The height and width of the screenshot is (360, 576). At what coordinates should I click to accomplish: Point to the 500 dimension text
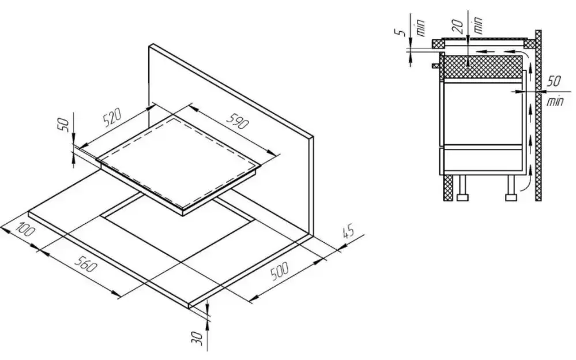pyautogui.click(x=280, y=271)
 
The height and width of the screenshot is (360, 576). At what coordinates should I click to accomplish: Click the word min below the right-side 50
pyautogui.click(x=554, y=101)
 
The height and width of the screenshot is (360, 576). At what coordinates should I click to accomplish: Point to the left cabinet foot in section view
pyautogui.click(x=462, y=189)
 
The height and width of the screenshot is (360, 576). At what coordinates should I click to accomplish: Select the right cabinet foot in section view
pyautogui.click(x=511, y=189)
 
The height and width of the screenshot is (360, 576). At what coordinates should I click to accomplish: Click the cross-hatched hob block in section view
pyautogui.click(x=483, y=66)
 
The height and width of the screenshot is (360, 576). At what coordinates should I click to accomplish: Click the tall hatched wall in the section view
pyautogui.click(x=538, y=115)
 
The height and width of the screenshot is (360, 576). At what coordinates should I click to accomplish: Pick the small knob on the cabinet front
pyautogui.click(x=436, y=66)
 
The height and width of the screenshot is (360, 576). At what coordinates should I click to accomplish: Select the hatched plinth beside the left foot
pyautogui.click(x=448, y=187)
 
